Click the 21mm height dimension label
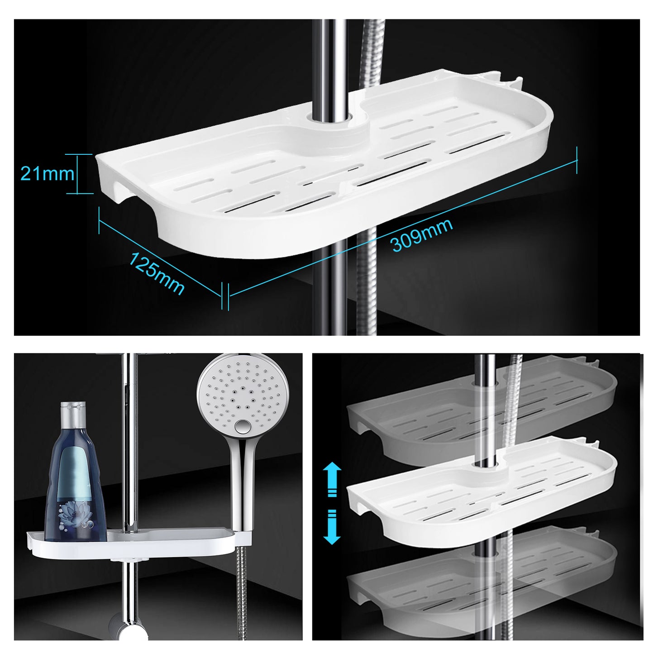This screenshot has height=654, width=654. [47, 174]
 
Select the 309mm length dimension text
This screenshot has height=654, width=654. [422, 234]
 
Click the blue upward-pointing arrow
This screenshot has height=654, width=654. [332, 480]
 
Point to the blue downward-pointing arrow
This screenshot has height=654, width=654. [332, 527]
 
